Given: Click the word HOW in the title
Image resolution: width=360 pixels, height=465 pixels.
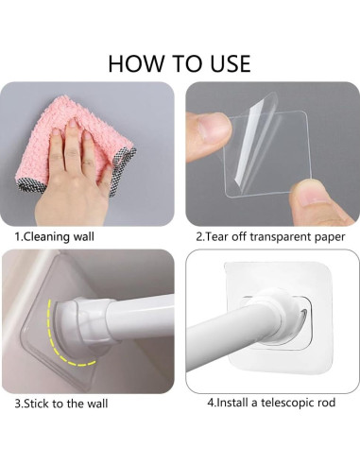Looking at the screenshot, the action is [135, 63].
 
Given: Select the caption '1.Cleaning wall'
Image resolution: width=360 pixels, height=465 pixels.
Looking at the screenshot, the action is [55, 236].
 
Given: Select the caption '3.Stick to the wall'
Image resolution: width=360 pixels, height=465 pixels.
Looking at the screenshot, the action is [61, 404].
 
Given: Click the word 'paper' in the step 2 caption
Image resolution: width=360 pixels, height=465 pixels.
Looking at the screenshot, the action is [330, 237].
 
